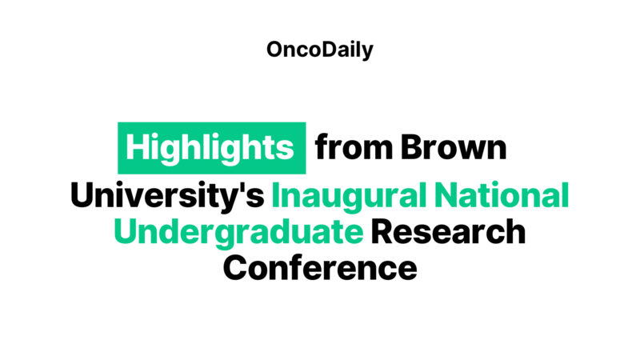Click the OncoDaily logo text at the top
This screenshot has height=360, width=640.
[x=320, y=50]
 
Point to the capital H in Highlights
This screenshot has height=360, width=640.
[x=138, y=148]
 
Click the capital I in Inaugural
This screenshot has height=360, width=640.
[x=277, y=196]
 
